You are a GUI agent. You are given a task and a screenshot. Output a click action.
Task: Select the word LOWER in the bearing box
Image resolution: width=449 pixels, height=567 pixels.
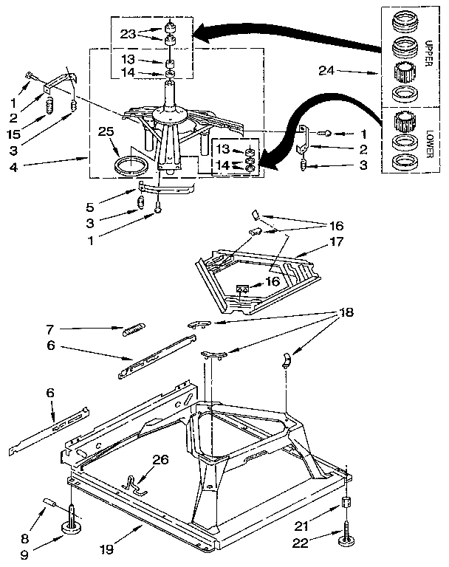[430, 140]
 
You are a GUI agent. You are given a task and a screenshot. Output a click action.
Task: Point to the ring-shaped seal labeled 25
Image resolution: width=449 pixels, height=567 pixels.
[130, 164]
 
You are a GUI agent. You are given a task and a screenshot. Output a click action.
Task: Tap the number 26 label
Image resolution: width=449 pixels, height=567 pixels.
[160, 459]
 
